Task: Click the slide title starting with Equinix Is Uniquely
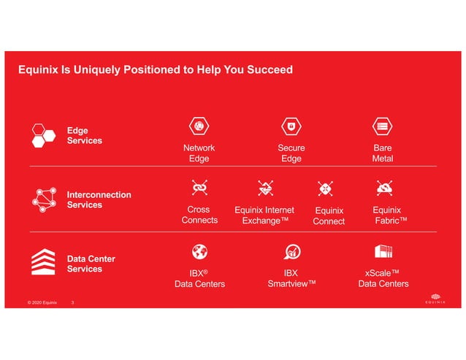(155, 70)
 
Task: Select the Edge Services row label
(84, 135)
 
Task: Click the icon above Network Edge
(199, 126)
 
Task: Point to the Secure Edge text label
(291, 153)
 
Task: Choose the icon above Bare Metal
(382, 126)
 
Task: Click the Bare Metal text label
(382, 153)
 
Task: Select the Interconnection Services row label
(99, 200)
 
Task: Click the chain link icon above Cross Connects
(199, 188)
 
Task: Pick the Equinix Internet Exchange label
(264, 215)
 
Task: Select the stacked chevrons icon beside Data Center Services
(44, 263)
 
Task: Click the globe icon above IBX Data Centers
(199, 252)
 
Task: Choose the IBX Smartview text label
(291, 278)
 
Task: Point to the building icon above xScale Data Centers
(383, 252)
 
